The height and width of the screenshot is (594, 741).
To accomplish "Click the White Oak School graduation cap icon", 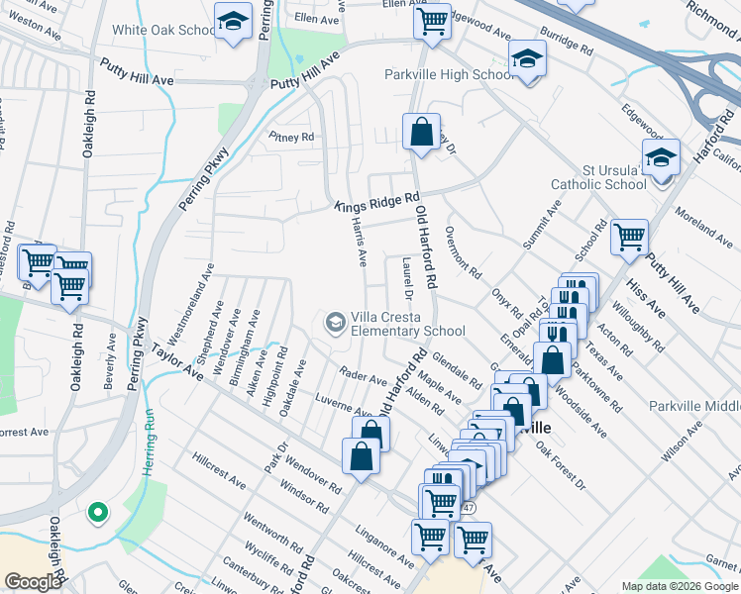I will click(232, 22).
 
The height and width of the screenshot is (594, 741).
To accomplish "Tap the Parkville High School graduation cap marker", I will click(527, 59).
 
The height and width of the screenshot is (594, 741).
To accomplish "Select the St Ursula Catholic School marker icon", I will click(661, 158).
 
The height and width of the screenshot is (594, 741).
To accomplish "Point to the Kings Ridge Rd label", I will click(377, 202).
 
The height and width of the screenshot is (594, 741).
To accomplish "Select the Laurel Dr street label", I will click(406, 276).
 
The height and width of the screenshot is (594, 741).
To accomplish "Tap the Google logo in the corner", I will click(32, 581).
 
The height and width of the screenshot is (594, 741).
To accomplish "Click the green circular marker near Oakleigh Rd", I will click(97, 512).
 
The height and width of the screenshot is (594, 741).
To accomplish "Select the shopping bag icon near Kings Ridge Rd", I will click(421, 131).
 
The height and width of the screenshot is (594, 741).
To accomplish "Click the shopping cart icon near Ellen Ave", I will click(432, 19).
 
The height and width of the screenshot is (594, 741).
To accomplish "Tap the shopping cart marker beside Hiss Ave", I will click(629, 238).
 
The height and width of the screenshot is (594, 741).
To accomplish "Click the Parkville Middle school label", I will click(694, 406).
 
